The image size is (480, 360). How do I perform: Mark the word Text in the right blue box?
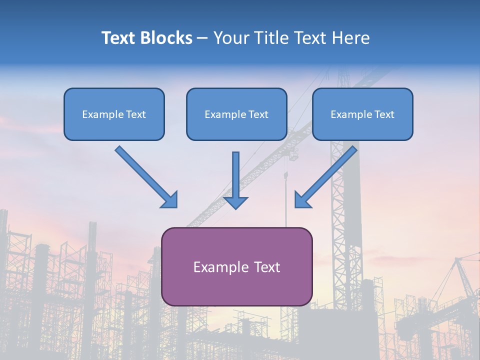pyautogui.click(x=384, y=114)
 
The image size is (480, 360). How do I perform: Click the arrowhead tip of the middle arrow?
pyautogui.click(x=235, y=207)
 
